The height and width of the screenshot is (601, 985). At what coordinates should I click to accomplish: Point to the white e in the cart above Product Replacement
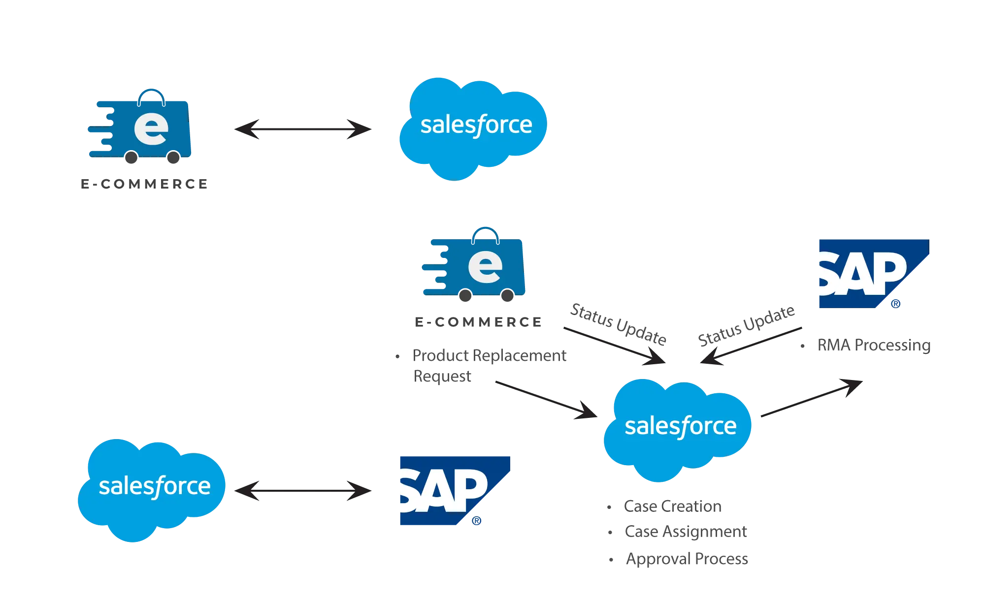tap(485, 266)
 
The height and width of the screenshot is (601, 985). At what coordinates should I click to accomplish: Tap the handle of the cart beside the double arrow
tap(151, 94)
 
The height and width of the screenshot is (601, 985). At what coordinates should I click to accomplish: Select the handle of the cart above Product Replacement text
tap(485, 231)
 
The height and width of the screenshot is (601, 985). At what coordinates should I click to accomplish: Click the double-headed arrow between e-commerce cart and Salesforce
tap(303, 129)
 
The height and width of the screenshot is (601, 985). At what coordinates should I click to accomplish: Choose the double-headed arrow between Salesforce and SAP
tap(303, 491)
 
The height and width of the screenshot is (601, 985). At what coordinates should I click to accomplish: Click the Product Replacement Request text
tap(490, 364)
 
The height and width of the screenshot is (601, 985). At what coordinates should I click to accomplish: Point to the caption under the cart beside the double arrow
tap(144, 184)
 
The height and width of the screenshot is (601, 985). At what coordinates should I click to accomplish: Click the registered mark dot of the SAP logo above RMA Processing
tap(896, 303)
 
